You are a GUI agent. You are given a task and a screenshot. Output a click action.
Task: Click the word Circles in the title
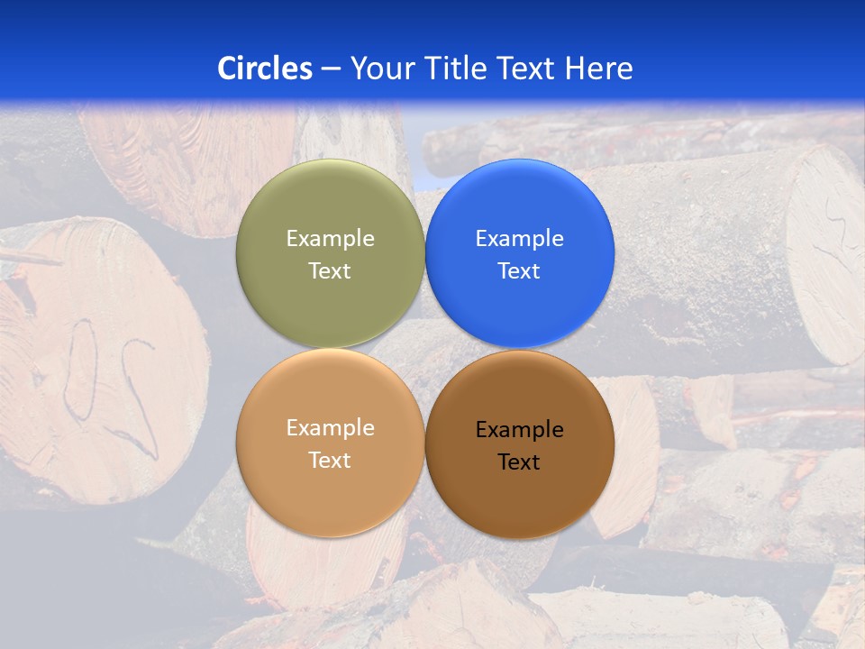point(265,69)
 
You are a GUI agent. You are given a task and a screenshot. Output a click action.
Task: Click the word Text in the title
point(528,69)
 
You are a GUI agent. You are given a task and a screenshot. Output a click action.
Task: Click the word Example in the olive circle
point(330,238)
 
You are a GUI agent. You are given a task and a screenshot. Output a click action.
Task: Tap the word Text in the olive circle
point(330,270)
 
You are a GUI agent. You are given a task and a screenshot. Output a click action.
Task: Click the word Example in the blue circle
point(519,238)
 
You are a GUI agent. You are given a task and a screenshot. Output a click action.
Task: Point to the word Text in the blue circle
point(519,270)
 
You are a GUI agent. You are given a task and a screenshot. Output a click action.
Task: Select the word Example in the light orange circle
point(330,427)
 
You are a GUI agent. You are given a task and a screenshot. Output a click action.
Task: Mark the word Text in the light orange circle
point(330,460)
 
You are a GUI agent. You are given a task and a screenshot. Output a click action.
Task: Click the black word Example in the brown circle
point(519,430)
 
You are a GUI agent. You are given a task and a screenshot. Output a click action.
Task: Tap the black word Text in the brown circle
point(519,462)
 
